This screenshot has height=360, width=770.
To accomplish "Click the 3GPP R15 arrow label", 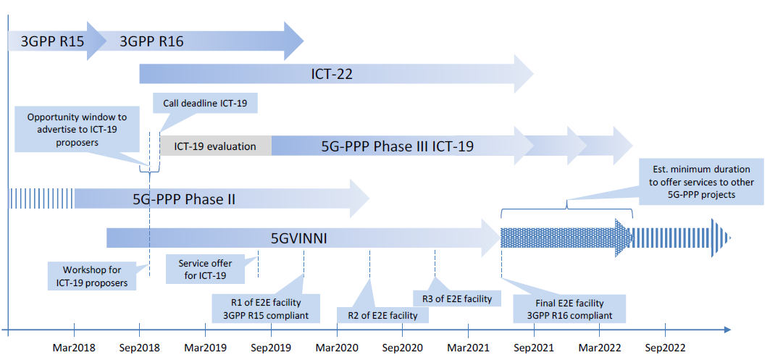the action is click(52, 42).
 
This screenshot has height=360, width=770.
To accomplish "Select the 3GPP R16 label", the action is click(151, 42).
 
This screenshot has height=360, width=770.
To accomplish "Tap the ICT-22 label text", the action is click(332, 74).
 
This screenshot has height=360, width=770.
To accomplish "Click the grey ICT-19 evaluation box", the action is click(216, 146).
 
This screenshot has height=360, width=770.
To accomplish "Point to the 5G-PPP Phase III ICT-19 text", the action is click(397, 146).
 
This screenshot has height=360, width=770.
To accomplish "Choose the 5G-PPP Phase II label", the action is click(184, 199).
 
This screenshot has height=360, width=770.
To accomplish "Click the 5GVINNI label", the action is click(299, 239).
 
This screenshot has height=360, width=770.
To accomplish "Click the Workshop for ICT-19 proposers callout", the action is click(92, 276).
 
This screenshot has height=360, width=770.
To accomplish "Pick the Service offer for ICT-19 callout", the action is click(205, 269).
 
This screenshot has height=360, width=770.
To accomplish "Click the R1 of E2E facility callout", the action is click(266, 309).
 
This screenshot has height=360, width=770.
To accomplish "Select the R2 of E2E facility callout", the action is click(382, 315).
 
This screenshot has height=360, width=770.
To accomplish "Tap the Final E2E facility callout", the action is click(569, 309).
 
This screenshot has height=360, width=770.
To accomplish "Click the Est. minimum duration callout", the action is click(702, 182).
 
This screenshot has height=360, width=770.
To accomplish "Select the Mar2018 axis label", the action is click(74, 348).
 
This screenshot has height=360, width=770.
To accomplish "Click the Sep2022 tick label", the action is click(665, 348).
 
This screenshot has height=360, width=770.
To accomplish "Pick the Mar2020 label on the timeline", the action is click(337, 348).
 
